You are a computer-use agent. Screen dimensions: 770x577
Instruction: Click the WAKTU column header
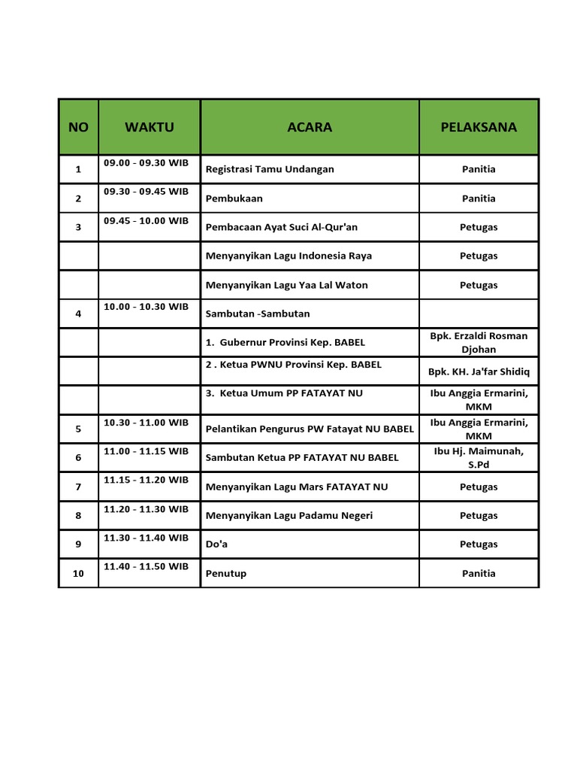(149, 127)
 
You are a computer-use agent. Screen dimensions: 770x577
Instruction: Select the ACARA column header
(310, 127)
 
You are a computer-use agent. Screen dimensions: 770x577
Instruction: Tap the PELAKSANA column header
(479, 127)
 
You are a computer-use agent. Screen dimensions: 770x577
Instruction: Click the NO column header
(78, 127)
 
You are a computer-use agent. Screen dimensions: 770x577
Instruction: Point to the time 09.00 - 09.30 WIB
(147, 162)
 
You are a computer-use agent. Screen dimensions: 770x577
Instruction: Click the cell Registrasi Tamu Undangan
(270, 169)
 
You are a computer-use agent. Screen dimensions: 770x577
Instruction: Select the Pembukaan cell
(234, 199)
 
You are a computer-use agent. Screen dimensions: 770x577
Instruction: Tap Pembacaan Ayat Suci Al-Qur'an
(282, 227)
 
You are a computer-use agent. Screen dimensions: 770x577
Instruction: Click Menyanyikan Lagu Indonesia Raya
(288, 256)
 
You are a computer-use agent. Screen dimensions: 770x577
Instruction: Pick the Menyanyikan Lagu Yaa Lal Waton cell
(287, 285)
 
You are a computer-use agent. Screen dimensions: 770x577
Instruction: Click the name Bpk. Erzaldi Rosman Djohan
(479, 342)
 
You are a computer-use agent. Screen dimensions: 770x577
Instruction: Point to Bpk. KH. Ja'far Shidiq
(479, 371)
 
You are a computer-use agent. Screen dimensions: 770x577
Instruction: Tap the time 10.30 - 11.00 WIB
(147, 423)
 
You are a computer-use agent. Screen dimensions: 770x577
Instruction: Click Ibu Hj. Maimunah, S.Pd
(479, 457)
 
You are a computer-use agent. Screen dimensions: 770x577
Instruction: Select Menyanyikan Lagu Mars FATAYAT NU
(297, 487)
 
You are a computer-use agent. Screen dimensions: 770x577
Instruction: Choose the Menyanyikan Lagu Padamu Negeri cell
(289, 515)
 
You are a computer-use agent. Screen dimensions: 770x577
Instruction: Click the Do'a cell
(216, 544)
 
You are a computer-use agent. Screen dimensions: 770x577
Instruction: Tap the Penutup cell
(226, 573)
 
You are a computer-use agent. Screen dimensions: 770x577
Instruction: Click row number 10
(78, 573)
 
